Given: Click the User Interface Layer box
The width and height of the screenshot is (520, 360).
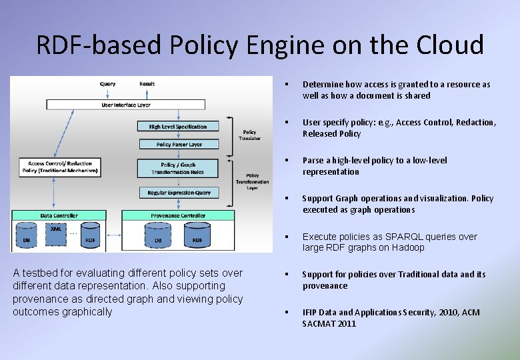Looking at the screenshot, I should pyautogui.click(x=126, y=105).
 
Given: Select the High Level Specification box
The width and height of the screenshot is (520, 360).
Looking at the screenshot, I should pyautogui.click(x=178, y=126).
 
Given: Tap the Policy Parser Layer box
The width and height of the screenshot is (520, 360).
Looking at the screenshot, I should pyautogui.click(x=178, y=144).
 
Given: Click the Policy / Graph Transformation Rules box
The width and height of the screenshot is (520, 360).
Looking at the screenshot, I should pyautogui.click(x=178, y=168).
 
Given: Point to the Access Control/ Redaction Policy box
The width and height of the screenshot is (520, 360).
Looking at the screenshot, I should pyautogui.click(x=61, y=167).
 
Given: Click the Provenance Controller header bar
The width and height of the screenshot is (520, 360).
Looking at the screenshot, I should pyautogui.click(x=178, y=215).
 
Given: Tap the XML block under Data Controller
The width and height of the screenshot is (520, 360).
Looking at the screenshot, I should pyautogui.click(x=55, y=231).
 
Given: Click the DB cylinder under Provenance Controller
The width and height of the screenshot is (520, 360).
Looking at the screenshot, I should pyautogui.click(x=158, y=238).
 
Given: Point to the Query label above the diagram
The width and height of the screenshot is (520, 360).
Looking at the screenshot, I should pyautogui.click(x=107, y=84).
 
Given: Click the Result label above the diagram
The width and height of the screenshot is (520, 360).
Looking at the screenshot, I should pyautogui.click(x=147, y=84).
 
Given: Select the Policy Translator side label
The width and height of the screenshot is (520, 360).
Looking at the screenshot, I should pyautogui.click(x=249, y=135).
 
